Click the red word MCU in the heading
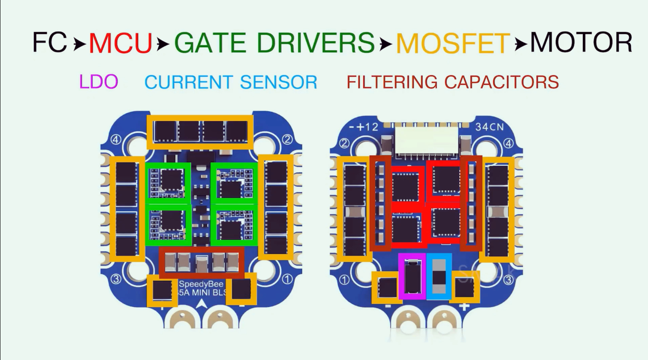tap(121, 43)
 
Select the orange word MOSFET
tap(453, 43)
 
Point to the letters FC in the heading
tap(50, 43)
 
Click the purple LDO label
tap(99, 81)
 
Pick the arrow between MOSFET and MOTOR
tap(521, 44)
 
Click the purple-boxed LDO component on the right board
tap(412, 276)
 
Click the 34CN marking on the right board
tap(489, 126)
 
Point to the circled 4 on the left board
tap(116, 140)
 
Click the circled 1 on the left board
tap(286, 279)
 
